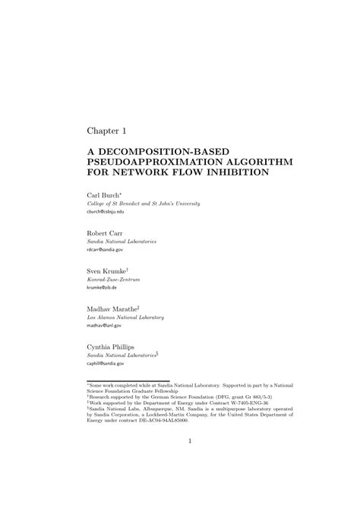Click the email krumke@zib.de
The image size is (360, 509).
tap(103, 288)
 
